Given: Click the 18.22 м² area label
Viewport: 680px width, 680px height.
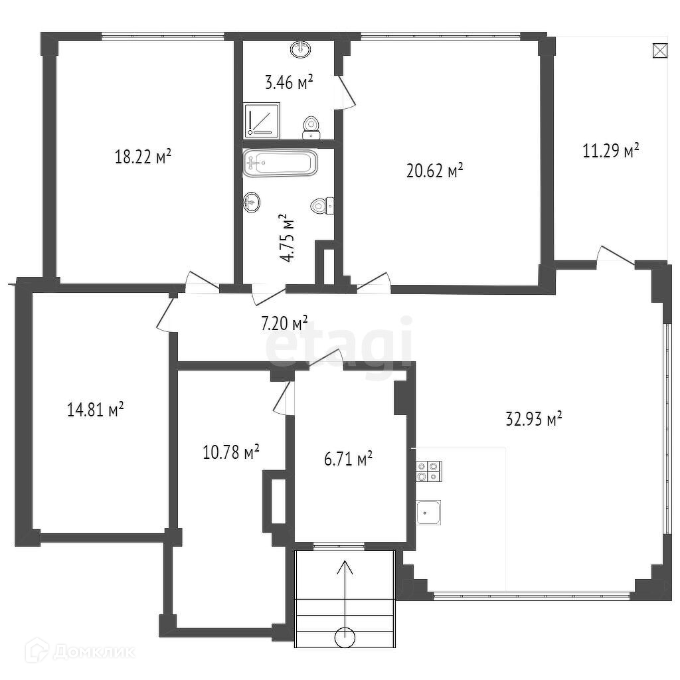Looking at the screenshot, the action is [x=143, y=157].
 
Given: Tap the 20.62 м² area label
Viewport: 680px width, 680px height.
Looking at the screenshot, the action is [x=434, y=171].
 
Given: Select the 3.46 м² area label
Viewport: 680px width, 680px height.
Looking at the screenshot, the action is [x=289, y=82].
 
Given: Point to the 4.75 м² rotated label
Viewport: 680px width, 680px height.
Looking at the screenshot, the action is [x=287, y=238].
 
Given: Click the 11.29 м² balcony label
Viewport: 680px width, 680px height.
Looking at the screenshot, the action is [x=611, y=151].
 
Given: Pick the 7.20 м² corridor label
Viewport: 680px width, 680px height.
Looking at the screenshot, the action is [x=284, y=323].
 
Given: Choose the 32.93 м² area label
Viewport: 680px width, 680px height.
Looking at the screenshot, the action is [x=534, y=418].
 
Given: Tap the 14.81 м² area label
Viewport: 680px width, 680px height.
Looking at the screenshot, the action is [x=96, y=410].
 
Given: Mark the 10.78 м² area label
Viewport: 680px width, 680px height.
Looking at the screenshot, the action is [x=230, y=453].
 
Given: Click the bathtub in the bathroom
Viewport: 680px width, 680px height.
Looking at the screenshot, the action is [x=280, y=163].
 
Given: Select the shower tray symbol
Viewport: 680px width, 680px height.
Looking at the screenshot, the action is [x=262, y=120].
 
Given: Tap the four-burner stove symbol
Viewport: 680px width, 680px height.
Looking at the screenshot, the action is [x=428, y=470].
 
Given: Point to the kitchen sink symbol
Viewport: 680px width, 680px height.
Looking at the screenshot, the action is [x=428, y=512].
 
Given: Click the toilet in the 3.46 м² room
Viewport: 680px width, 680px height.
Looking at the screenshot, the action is [x=311, y=126].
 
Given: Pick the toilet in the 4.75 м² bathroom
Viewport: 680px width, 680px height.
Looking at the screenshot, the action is [x=323, y=206].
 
